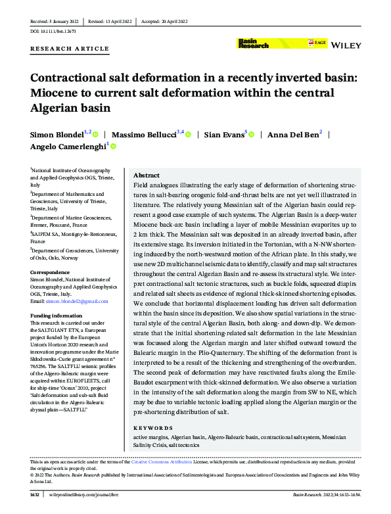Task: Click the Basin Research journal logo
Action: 252,43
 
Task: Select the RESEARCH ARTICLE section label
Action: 70,49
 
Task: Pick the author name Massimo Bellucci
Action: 143,135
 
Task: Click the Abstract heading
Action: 146,176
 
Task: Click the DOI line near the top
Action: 55,31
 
